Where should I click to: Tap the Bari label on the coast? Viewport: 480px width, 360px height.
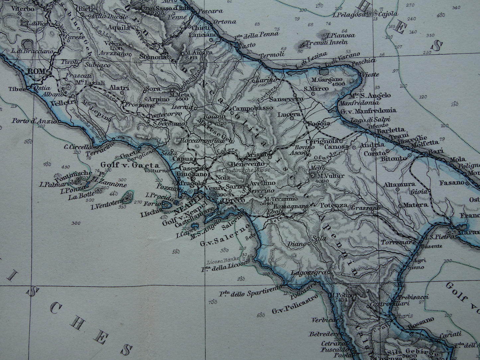[x=436, y=151]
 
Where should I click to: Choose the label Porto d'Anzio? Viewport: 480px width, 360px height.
[x=30, y=121]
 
